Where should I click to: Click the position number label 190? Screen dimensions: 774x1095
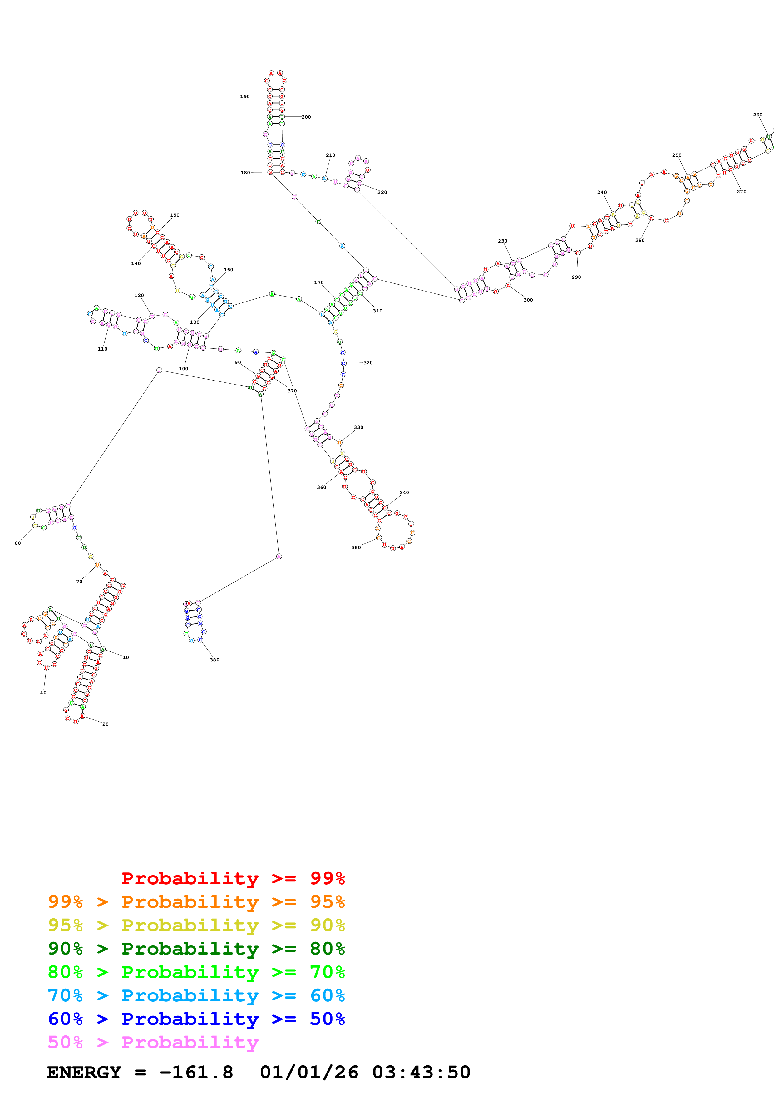pos(245,96)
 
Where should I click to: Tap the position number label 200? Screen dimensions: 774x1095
pos(306,117)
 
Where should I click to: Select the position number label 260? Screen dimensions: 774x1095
pos(757,115)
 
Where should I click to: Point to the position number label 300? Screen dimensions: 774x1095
pos(528,300)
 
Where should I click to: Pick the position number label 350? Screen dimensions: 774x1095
pos(356,547)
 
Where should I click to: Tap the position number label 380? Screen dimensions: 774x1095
pos(214,660)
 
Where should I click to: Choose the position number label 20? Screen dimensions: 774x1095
pos(106,724)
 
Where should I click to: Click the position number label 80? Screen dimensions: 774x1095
pos(18,543)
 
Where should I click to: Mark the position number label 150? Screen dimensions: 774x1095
pos(175,215)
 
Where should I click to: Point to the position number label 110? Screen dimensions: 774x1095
pos(102,349)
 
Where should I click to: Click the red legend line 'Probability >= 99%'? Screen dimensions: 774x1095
pos(233,878)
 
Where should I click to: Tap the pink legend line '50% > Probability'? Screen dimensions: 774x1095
pos(153,1043)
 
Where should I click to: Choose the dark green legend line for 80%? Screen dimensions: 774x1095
pos(196,949)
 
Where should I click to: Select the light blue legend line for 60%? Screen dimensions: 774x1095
pos(196,995)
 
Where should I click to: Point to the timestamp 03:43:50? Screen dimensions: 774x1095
pos(421,1073)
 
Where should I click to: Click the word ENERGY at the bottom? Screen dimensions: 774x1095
pos(84,1073)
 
